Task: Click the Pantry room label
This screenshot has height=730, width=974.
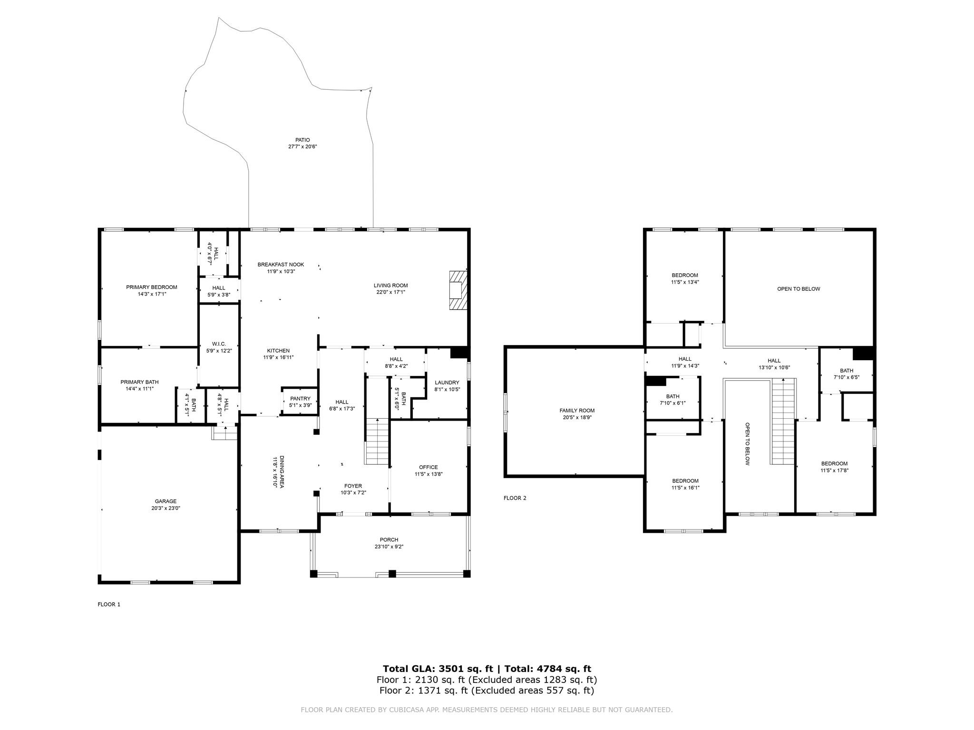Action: coord(300,398)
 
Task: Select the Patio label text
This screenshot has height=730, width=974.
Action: coord(302,140)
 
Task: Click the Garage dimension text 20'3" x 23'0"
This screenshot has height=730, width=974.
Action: coord(166,508)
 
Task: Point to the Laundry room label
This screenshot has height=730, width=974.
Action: coord(447,383)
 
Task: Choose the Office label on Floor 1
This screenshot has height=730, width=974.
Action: coord(429,467)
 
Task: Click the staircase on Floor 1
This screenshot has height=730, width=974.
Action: coord(377,442)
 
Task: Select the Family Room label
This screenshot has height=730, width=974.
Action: coord(577,411)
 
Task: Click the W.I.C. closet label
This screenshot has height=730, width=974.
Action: coord(219,344)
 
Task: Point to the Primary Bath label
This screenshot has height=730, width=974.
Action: coord(139,382)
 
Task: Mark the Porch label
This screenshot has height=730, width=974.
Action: coord(389,539)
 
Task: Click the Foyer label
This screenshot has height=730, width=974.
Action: coord(353,486)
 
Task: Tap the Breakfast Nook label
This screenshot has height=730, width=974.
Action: coord(281,264)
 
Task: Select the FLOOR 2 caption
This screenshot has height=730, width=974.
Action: coord(515,498)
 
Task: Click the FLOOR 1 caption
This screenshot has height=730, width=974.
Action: coord(109,605)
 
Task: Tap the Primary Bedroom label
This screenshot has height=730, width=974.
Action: coord(152,287)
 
